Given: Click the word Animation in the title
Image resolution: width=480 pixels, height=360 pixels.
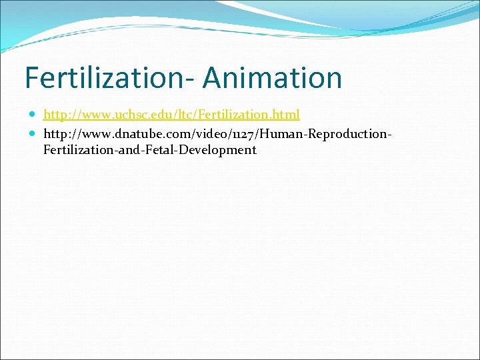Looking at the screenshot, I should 273,77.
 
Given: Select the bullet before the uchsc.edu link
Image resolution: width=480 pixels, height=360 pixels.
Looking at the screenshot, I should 34,115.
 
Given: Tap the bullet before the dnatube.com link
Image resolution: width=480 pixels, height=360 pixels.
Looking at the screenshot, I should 34,134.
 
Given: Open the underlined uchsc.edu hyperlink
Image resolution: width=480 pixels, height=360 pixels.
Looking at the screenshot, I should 171,115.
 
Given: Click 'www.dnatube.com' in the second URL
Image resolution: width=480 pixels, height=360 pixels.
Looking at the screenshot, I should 122,134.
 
